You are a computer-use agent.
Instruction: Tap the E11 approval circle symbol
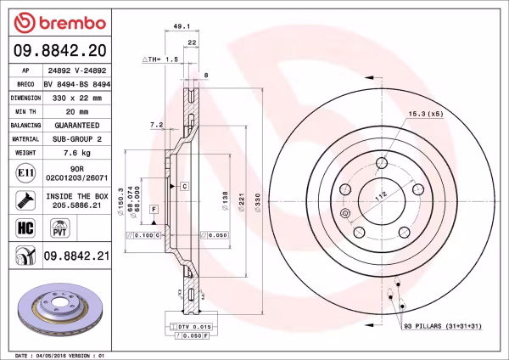coord(25,174)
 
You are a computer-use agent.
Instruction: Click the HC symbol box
coord(25,227)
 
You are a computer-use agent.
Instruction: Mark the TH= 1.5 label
coord(161,60)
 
